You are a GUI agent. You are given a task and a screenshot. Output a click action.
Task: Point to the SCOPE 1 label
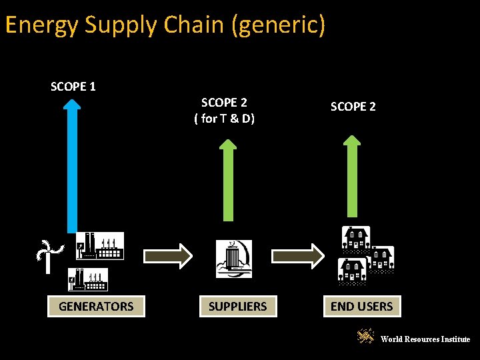coord(73,87)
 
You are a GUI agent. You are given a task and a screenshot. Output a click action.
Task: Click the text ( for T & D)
coord(224,119)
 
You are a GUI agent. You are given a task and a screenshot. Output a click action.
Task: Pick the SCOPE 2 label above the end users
coord(353,107)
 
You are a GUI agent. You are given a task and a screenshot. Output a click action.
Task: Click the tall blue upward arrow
coord(72,167)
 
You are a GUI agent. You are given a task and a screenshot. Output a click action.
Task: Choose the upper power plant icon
coord(99,246)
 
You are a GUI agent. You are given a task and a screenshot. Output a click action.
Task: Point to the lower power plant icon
coord(87,279)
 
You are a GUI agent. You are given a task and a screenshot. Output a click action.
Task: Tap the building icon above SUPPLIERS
coord(234,259)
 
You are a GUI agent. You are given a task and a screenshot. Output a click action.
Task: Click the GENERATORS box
coord(96,307)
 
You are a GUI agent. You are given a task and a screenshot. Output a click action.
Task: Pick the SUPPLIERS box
coord(237,307)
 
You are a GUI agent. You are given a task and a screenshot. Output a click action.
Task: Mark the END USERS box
coord(362,307)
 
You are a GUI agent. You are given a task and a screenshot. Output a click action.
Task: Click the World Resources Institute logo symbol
coord(366,337)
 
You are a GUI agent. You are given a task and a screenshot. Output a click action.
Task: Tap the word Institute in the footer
coord(456,339)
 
